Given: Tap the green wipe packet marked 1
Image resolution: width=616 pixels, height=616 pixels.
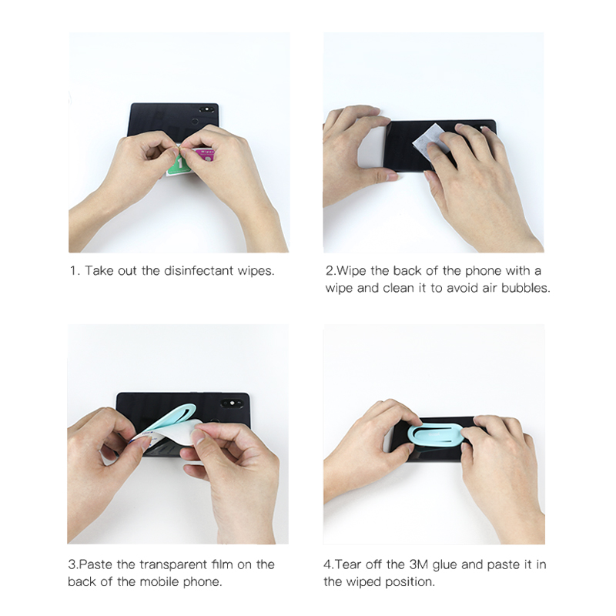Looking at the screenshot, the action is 179,164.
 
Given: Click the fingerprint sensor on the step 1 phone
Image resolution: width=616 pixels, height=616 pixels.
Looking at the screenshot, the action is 195,121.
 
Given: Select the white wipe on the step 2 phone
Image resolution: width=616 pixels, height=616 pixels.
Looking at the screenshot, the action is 431,140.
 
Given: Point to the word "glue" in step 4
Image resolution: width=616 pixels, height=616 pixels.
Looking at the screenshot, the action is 445,565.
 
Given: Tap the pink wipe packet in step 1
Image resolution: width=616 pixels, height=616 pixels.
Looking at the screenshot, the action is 205,156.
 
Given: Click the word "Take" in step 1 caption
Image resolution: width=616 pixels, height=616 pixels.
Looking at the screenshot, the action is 99,271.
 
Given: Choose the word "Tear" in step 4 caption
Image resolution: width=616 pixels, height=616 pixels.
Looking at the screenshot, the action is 348,564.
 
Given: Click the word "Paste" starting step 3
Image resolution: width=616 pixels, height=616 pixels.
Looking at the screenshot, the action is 95,564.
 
